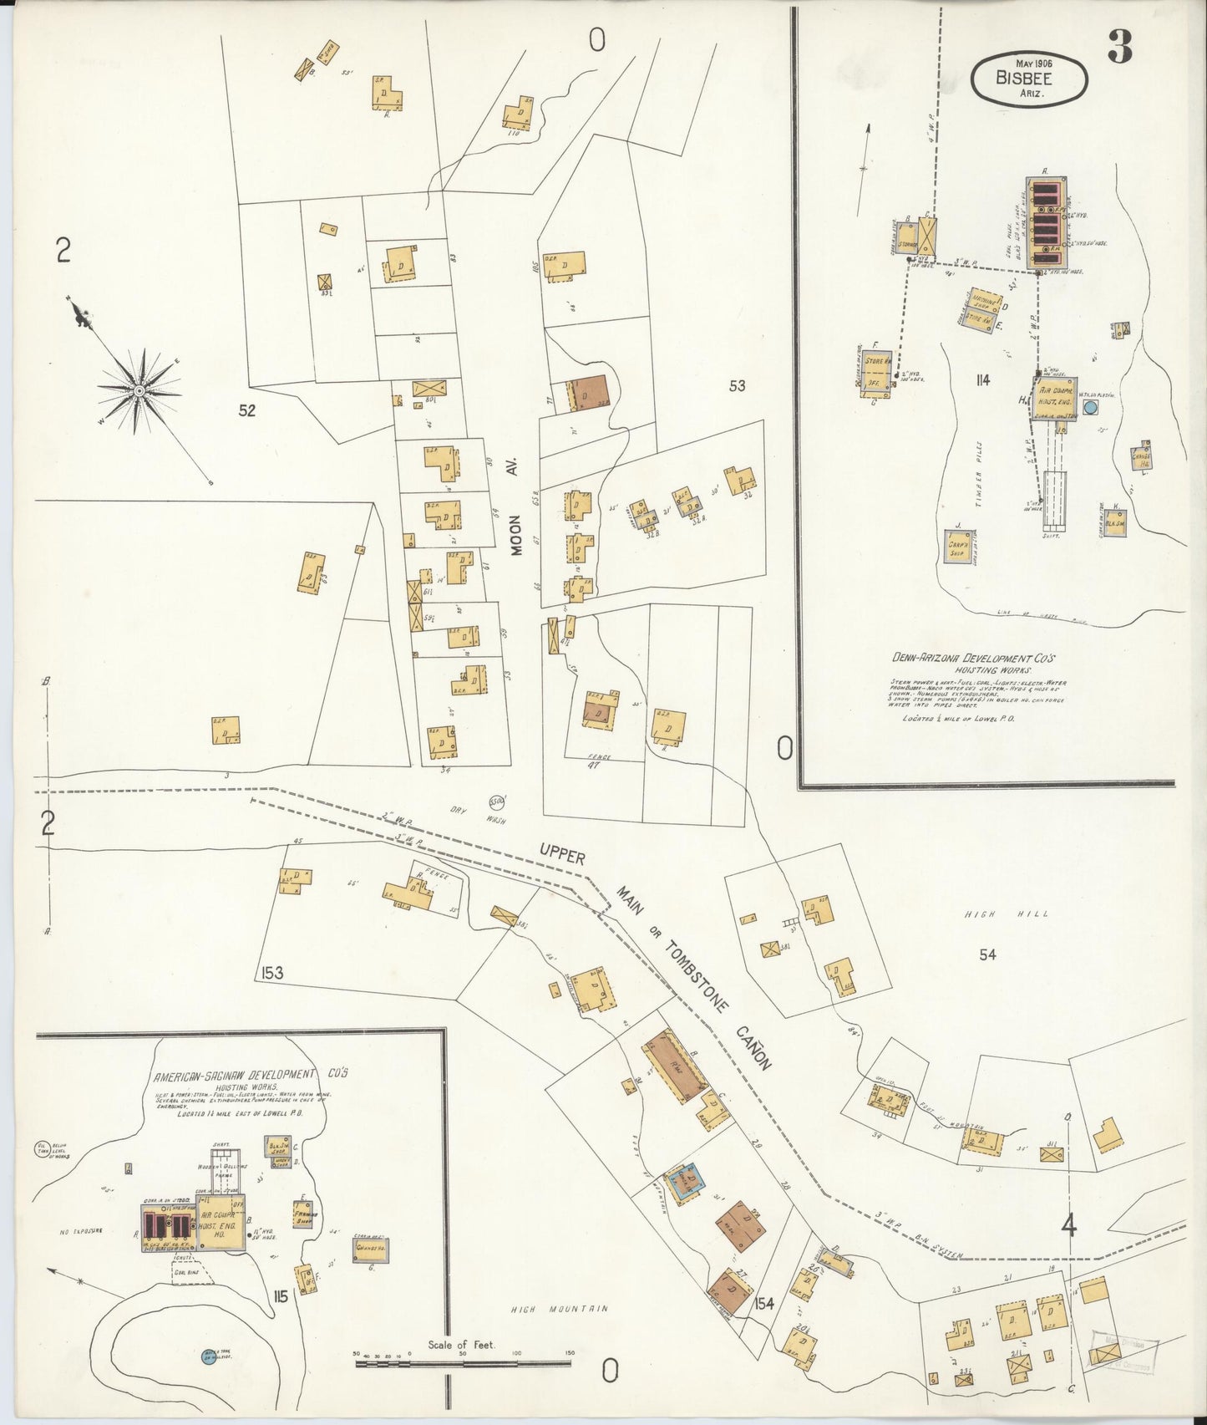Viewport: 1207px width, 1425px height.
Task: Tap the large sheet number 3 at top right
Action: (1120, 50)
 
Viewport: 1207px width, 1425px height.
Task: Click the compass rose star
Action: (139, 390)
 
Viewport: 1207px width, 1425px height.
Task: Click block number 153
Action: (271, 972)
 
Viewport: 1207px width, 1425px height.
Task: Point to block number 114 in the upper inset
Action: (981, 380)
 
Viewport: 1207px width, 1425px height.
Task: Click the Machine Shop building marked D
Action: (978, 310)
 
